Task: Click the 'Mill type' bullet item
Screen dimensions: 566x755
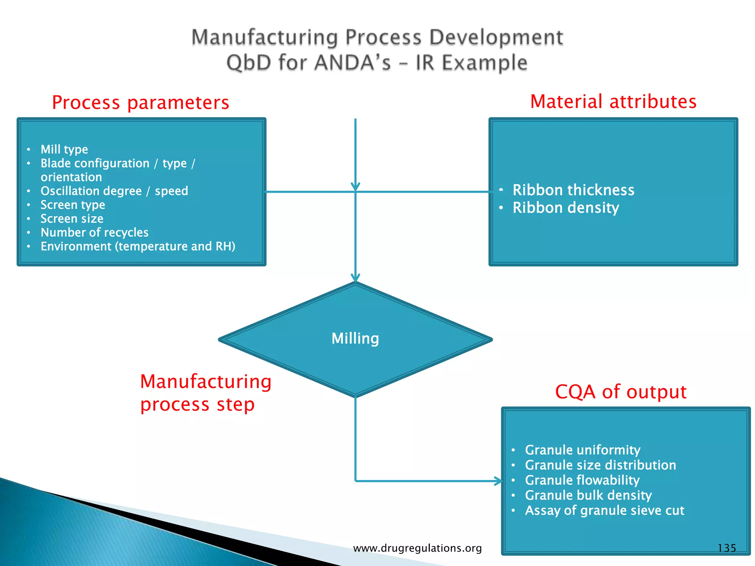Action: (x=64, y=149)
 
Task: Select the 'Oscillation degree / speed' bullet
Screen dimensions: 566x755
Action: (x=114, y=191)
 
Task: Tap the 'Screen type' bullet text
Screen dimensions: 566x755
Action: (x=73, y=205)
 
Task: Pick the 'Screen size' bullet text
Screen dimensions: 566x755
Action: (x=72, y=219)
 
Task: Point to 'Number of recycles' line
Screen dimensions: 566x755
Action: (x=94, y=233)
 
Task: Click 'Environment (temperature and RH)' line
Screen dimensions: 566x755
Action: (x=138, y=246)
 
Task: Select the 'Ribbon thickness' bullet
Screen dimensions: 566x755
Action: (x=573, y=190)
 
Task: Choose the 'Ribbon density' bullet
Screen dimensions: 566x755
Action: (x=566, y=208)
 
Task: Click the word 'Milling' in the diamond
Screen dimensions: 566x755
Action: (x=355, y=338)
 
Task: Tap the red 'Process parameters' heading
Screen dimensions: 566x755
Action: (x=140, y=102)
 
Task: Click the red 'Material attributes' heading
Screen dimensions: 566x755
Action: (x=613, y=101)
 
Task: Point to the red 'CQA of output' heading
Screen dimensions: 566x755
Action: (x=621, y=392)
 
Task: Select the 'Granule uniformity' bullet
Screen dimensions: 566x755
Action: (x=582, y=450)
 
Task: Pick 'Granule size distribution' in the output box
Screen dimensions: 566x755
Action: (x=600, y=465)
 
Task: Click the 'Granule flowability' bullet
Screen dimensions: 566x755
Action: (x=582, y=480)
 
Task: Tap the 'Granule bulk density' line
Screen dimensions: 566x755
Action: (x=588, y=495)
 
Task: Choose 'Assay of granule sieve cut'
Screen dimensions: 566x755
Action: (x=604, y=510)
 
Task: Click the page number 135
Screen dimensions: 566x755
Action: (x=727, y=548)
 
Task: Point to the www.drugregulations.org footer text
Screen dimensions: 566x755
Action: (x=417, y=548)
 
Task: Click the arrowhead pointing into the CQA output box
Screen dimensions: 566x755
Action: (x=499, y=481)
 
